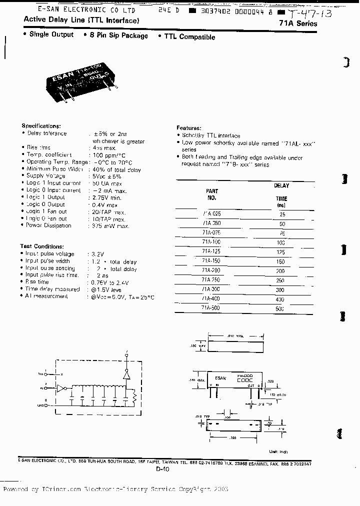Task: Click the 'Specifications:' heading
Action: coord(41,126)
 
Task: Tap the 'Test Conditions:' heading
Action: coord(41,246)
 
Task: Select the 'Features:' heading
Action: coord(189,128)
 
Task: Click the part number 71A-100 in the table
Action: coord(211,241)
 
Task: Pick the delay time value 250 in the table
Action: coord(280,280)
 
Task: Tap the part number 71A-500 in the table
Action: coord(211,308)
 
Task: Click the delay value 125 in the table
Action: coord(280,252)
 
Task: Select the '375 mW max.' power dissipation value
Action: coord(110,226)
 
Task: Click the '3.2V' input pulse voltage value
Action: coord(97,254)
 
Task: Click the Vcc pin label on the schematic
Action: coord(40,373)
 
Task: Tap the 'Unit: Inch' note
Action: coord(278,452)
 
